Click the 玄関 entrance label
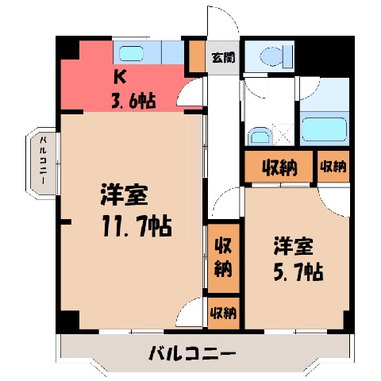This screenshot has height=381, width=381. [223, 57]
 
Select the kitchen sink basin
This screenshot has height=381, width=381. [131, 53]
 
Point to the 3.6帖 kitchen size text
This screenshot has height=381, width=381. [133, 101]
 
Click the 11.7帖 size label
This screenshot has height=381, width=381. [137, 225]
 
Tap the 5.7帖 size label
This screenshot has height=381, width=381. [298, 271]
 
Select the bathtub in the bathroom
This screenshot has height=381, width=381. [325, 129]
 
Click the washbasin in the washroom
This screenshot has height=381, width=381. [260, 137]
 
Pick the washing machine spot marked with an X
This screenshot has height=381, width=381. [283, 135]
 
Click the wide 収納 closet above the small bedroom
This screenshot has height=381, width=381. [279, 167]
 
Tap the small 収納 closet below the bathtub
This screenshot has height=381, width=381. [333, 167]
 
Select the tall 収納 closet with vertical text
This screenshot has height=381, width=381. [224, 258]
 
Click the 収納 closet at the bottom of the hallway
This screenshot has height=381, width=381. [224, 314]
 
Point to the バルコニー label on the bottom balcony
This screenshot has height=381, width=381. [192, 353]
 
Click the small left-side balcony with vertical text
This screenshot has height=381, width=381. [42, 161]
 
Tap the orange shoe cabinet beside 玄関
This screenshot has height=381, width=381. [198, 56]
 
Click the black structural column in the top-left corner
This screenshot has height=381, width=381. [67, 48]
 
